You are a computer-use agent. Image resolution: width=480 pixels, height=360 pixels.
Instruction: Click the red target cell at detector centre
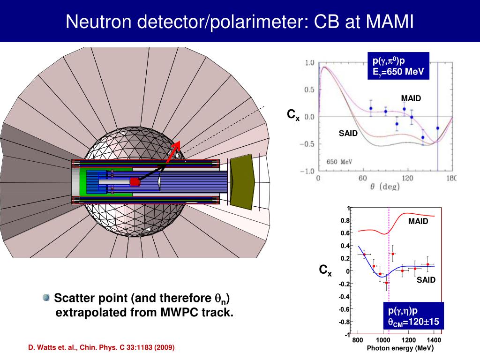(x=135, y=181)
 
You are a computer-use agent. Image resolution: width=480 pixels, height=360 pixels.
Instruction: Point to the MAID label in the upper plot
(x=411, y=98)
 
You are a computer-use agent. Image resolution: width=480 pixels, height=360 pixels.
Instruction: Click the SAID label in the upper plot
(x=348, y=134)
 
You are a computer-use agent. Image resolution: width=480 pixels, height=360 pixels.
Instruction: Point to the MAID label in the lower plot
(x=418, y=221)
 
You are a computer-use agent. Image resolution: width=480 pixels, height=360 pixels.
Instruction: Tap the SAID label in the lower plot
(x=426, y=280)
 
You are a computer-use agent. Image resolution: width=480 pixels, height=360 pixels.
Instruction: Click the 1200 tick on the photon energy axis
(x=409, y=340)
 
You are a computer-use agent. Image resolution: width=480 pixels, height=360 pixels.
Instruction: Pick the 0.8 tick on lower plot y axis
(x=345, y=220)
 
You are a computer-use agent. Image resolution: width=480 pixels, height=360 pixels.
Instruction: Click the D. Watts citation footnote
(x=101, y=347)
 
